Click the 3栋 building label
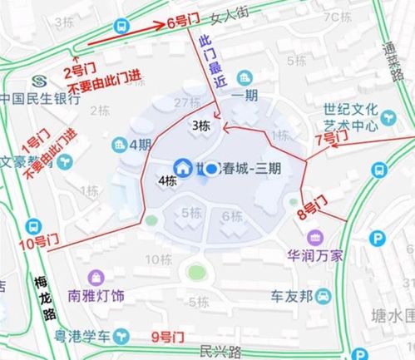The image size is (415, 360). pyautogui.click(x=200, y=126)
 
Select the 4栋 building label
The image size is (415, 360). pyautogui.click(x=166, y=180)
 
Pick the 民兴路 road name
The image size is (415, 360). pyautogui.click(x=223, y=352)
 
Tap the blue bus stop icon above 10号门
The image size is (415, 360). pyautogui.click(x=34, y=225)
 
